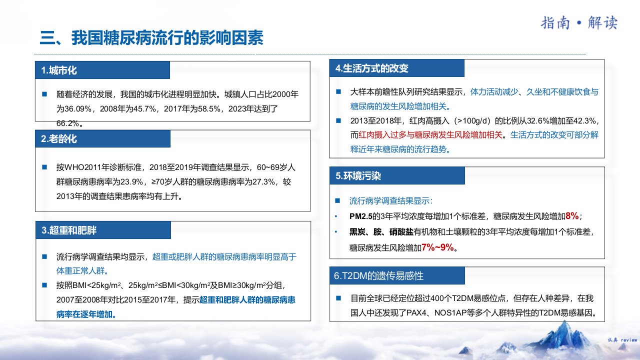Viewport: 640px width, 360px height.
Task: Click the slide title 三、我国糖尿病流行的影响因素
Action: (x=151, y=37)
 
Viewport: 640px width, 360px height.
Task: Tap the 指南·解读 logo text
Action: (x=579, y=23)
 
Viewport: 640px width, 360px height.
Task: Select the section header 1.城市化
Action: (x=59, y=70)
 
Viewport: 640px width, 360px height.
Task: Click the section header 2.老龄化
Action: (x=59, y=138)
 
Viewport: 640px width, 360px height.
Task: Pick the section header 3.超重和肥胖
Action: (x=69, y=230)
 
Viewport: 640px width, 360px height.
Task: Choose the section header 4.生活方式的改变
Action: (x=371, y=68)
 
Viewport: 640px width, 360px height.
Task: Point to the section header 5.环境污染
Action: (x=358, y=175)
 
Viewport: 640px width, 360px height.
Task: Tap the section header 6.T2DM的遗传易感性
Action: (x=378, y=275)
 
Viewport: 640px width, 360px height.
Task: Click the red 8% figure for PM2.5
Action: (x=572, y=215)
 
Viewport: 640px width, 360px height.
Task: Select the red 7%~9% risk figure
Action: (x=437, y=247)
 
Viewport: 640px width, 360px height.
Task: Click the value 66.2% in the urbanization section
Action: (x=67, y=123)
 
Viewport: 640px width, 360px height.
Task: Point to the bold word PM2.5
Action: (x=361, y=216)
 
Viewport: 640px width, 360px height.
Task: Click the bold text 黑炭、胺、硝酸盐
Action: (x=381, y=231)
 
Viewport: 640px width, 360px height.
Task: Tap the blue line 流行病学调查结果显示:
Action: (x=391, y=201)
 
